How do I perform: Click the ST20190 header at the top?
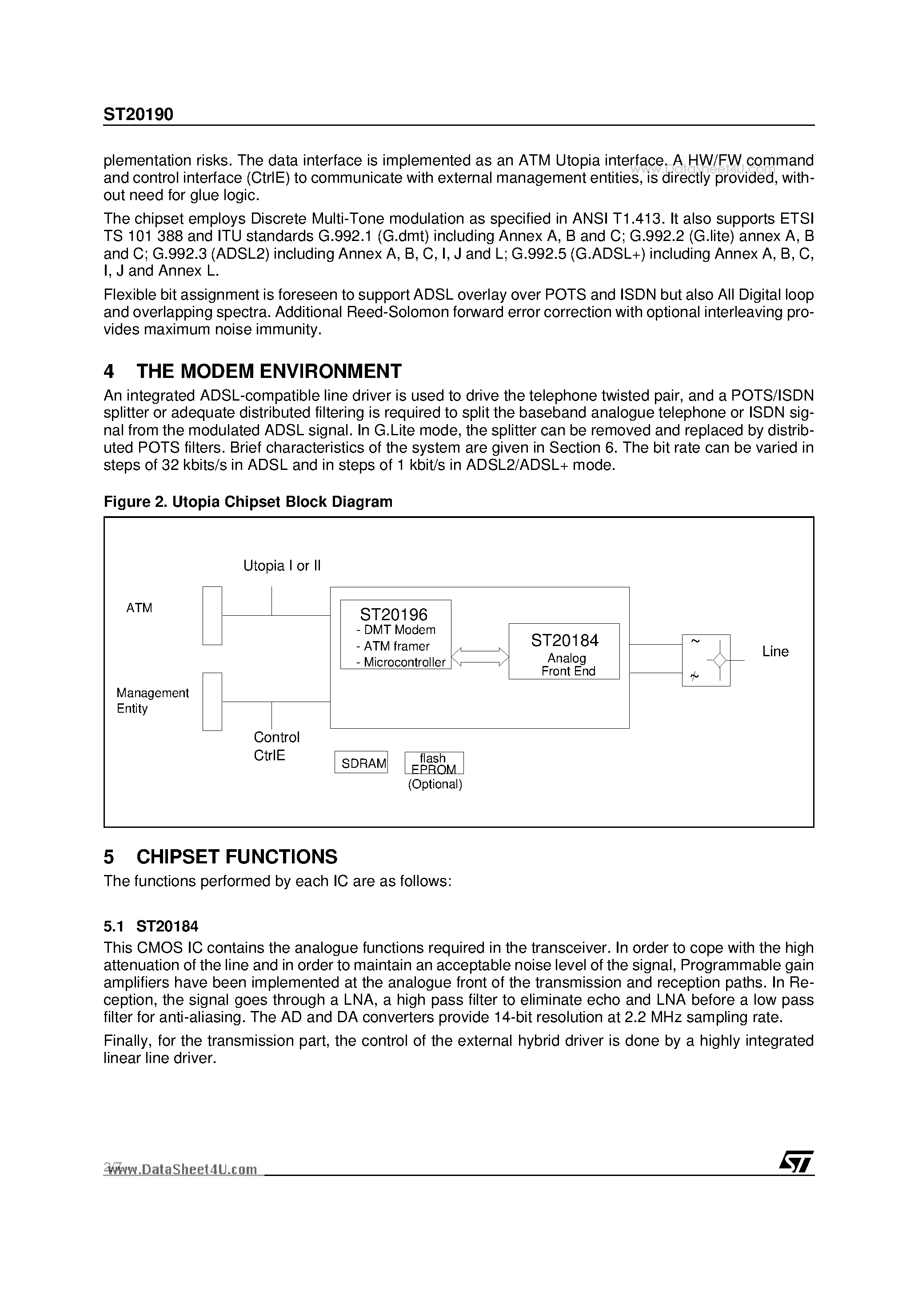[x=138, y=115]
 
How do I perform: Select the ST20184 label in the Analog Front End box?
[x=564, y=640]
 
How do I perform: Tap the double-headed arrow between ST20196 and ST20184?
[x=480, y=657]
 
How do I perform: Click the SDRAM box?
[x=361, y=762]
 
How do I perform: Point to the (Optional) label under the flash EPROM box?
[x=435, y=785]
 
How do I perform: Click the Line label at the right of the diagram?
[x=775, y=652]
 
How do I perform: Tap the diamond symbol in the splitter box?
[x=719, y=660]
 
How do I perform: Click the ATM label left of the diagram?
[x=139, y=608]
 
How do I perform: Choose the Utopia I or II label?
[x=282, y=566]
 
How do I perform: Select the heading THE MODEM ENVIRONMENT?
[x=269, y=371]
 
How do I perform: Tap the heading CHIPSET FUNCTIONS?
[x=236, y=857]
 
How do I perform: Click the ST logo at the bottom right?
[x=795, y=1163]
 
